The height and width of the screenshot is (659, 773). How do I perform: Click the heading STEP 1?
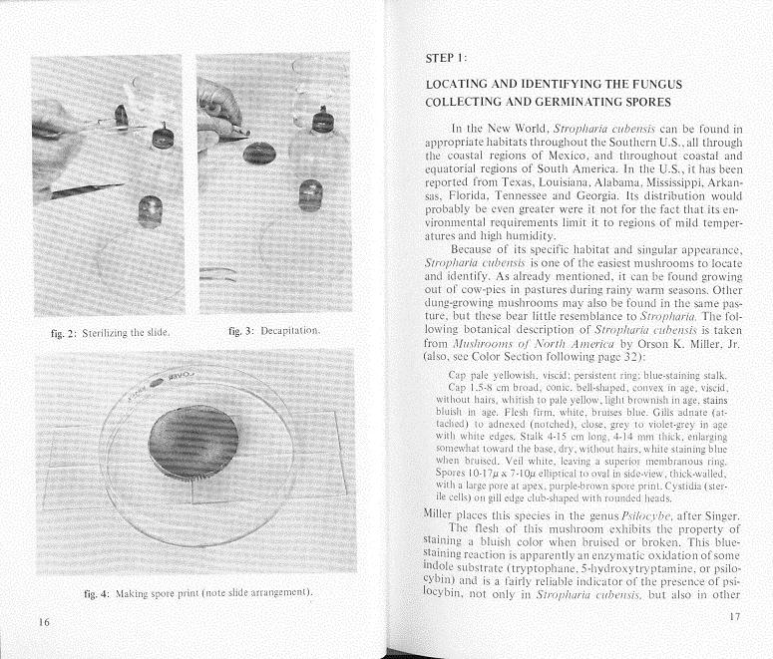click(x=446, y=59)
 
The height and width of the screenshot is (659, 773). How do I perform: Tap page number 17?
click(x=736, y=616)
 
